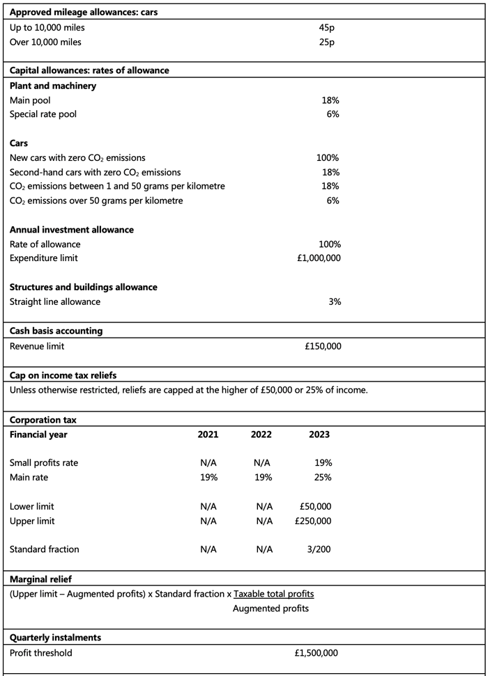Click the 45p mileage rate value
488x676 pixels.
[x=326, y=28]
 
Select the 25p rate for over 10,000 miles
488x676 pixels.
[x=326, y=42]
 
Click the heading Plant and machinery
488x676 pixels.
[x=53, y=86]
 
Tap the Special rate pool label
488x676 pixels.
[x=43, y=114]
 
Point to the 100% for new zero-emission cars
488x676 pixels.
[x=328, y=158]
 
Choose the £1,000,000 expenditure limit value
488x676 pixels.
[x=319, y=258]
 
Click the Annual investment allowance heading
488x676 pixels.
[x=72, y=230]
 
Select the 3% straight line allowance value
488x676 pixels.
[x=334, y=301]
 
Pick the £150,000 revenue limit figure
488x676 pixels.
[x=323, y=346]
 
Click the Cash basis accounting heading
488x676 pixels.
[x=56, y=331]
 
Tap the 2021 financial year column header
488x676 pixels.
[x=208, y=434]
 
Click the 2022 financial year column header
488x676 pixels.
[x=261, y=434]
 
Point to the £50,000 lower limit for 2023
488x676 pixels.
[x=315, y=507]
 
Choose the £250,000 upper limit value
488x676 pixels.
[x=313, y=521]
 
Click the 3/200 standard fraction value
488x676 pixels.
[x=319, y=549]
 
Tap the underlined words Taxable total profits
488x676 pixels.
[x=274, y=594]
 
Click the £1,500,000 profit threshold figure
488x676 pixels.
[x=317, y=653]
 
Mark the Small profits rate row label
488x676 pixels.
[x=44, y=463]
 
